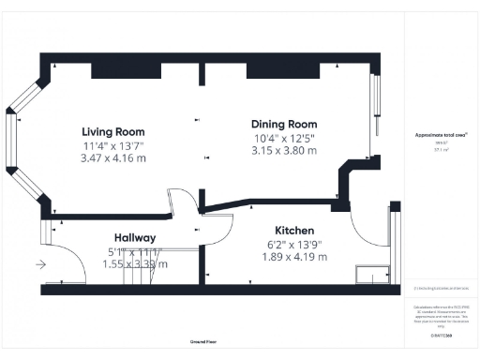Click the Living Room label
tap(112, 131)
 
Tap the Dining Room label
tap(284, 124)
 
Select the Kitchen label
tap(294, 231)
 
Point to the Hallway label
tap(134, 238)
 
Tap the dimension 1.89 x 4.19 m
tap(294, 257)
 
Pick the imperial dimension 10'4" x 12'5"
tap(284, 137)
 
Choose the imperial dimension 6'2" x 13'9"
tap(294, 244)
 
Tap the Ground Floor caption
tap(203, 342)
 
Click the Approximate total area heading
tap(441, 135)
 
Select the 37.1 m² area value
tap(441, 148)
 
